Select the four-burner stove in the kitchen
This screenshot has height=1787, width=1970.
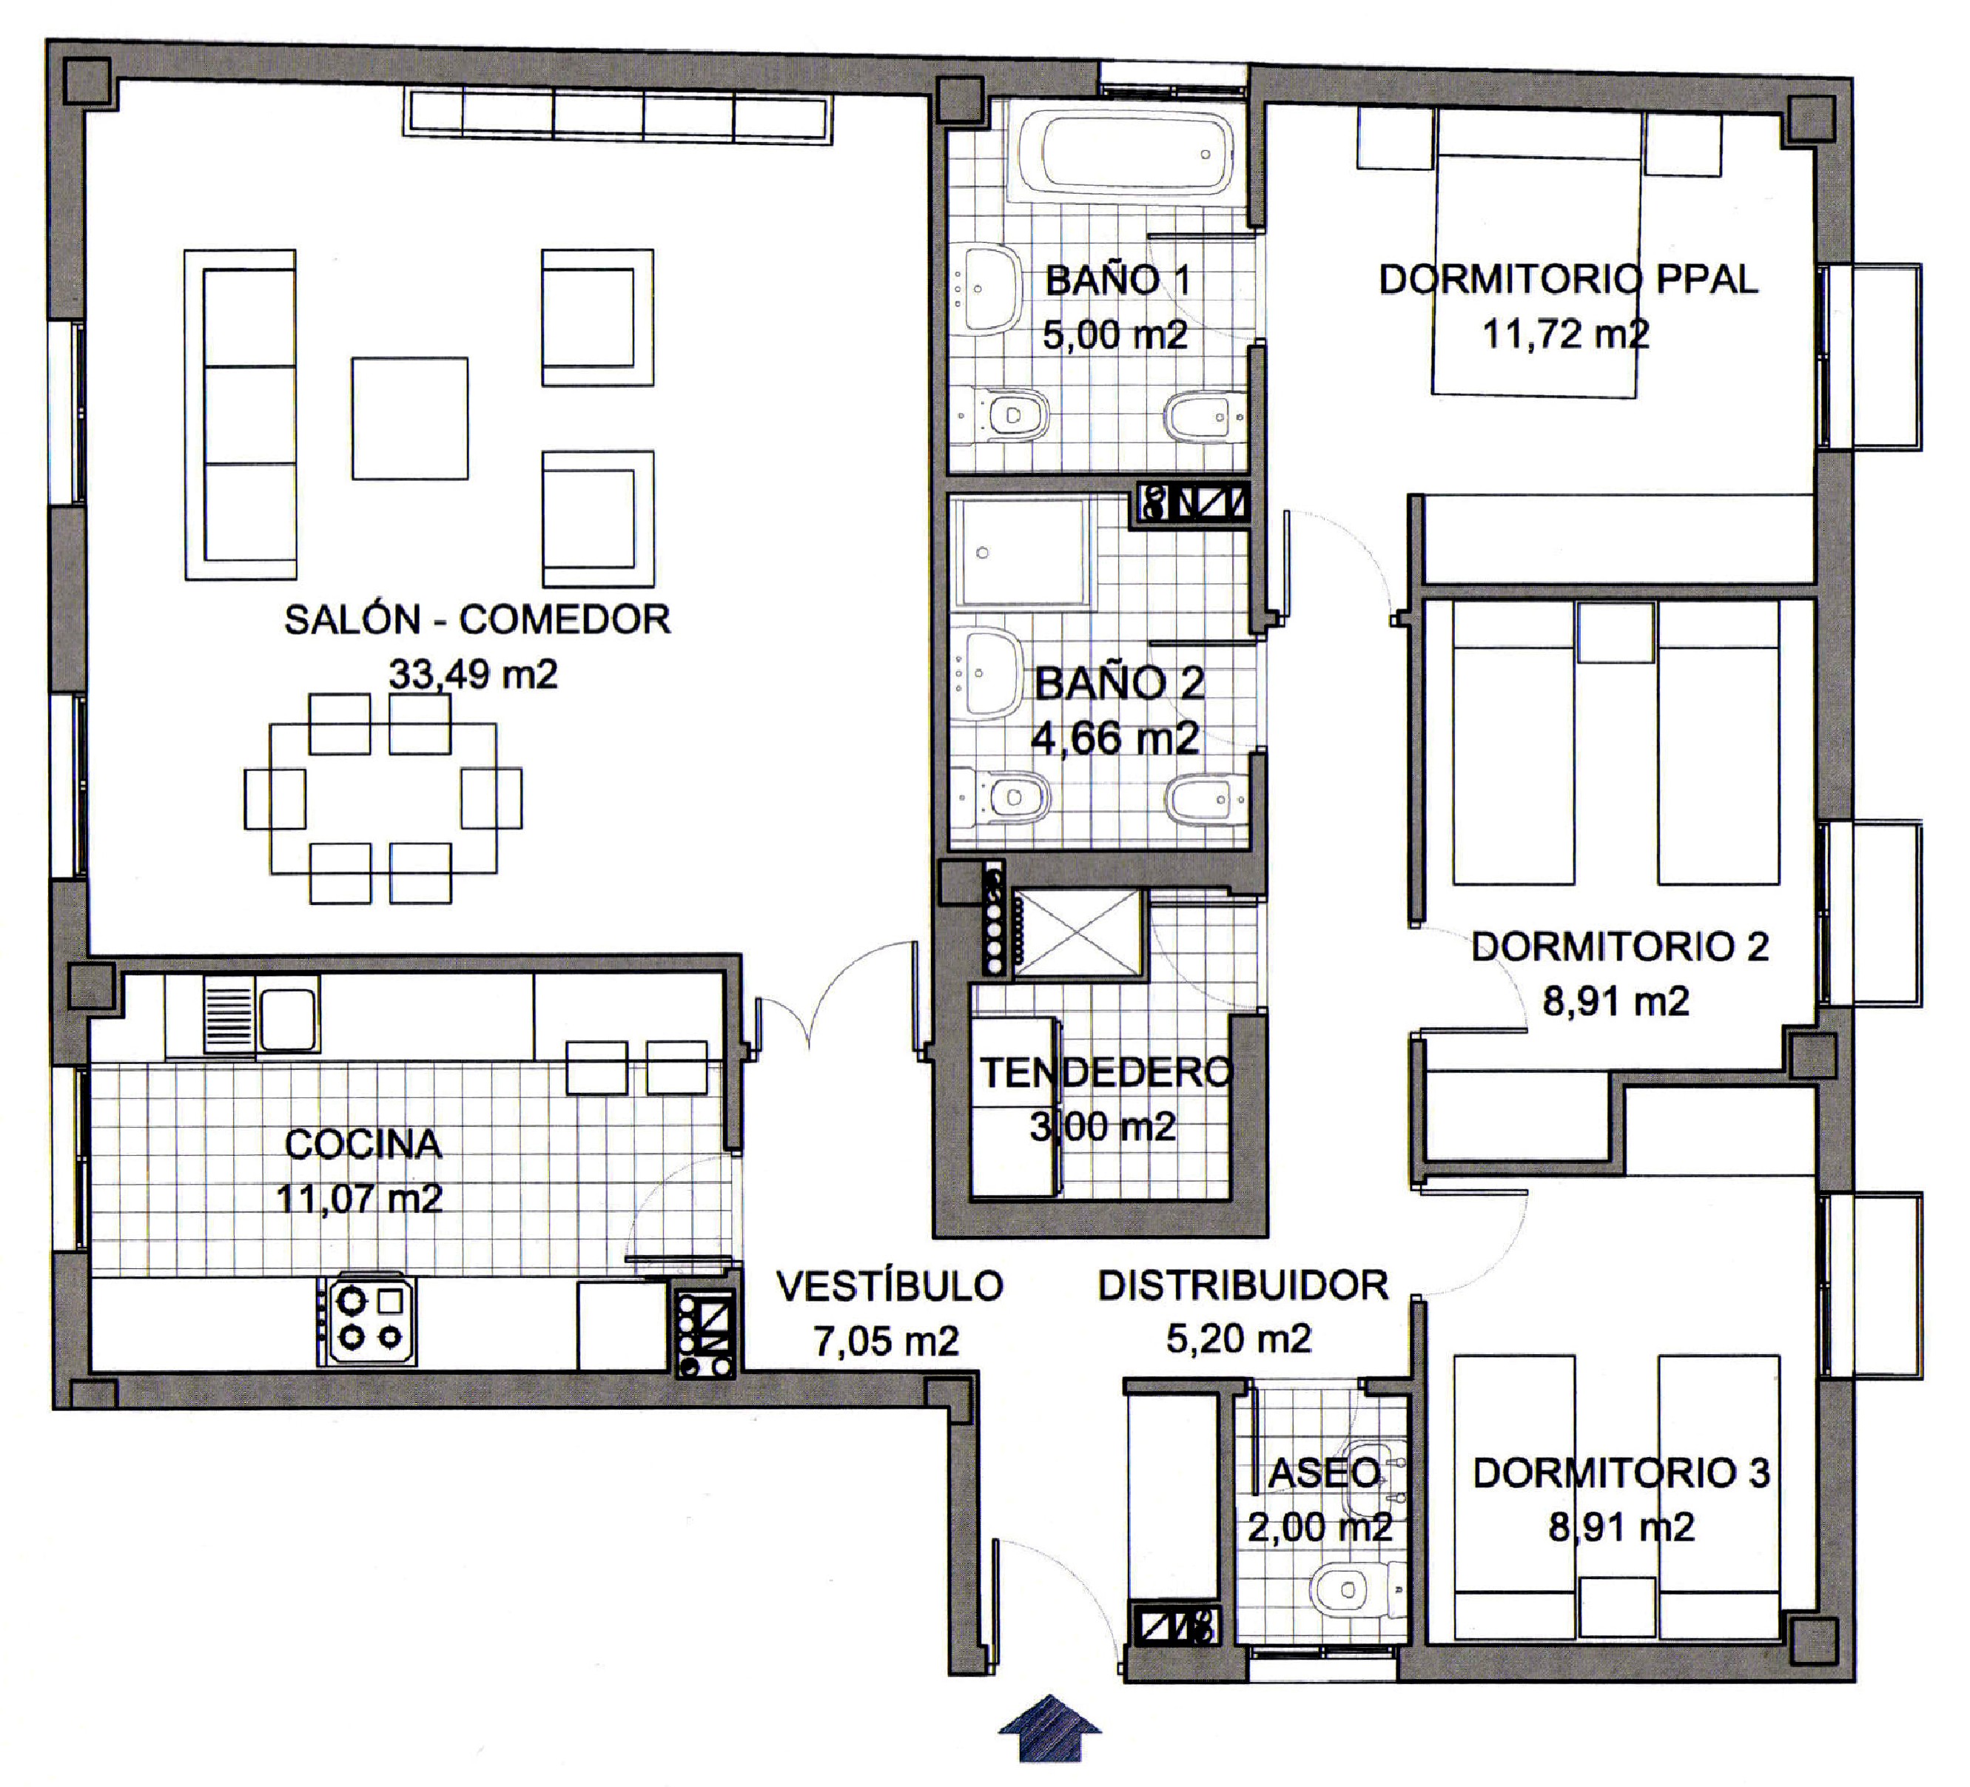tap(367, 1320)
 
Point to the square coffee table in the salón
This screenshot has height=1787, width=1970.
tap(409, 417)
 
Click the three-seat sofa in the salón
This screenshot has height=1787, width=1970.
tap(241, 414)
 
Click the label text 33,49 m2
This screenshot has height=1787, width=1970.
tap(473, 674)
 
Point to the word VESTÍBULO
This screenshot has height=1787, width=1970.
tap(890, 1286)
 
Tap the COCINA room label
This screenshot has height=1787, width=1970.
tap(363, 1144)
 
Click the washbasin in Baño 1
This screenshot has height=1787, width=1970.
tap(984, 289)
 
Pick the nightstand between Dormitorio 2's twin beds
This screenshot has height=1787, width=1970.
tap(1616, 631)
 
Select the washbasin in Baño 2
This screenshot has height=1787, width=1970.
tap(985, 673)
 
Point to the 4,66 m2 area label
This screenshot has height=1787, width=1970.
tap(1115, 738)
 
